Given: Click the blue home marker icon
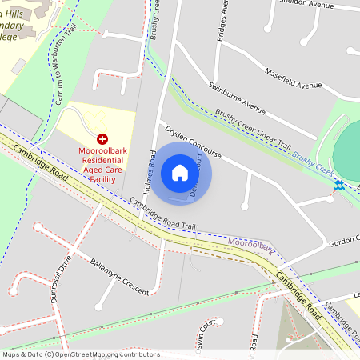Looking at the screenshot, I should (180, 173).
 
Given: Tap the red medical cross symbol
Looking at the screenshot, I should (102, 139).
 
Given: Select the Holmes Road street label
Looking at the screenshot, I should (149, 173).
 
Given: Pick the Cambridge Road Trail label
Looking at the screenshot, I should (162, 214).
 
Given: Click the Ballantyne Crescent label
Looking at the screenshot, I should (120, 277).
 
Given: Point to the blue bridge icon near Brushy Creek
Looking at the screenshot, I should (339, 186).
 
